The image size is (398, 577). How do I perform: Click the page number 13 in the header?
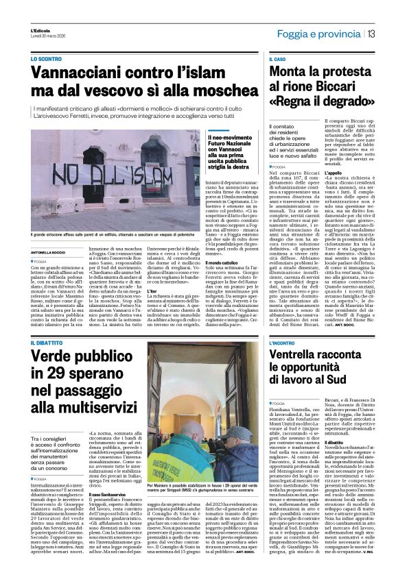(371, 34)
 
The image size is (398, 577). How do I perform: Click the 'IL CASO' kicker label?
(276, 60)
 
